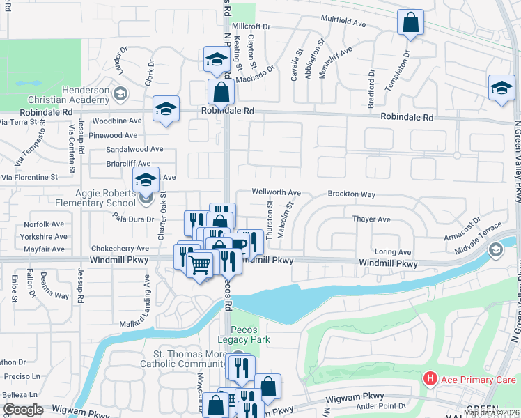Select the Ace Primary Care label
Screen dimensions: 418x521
click(470, 379)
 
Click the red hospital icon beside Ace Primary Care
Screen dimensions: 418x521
click(430, 379)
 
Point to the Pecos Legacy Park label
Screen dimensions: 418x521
click(240, 334)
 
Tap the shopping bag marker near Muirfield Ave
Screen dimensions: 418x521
click(411, 22)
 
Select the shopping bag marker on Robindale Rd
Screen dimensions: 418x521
click(221, 91)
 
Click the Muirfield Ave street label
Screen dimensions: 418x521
click(343, 23)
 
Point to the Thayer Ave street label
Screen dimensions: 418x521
click(371, 219)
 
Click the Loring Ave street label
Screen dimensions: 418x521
click(393, 252)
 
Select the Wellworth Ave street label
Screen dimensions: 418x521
click(276, 192)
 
